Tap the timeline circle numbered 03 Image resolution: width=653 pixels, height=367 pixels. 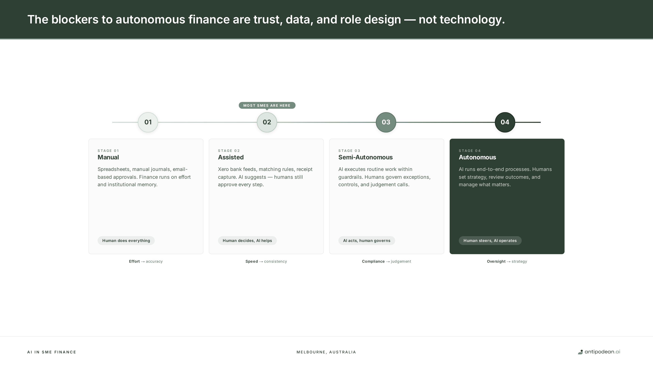click(386, 122)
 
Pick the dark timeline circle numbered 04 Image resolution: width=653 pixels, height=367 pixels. click(505, 122)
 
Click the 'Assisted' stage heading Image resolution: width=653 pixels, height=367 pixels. click(231, 157)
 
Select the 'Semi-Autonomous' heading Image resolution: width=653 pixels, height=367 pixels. click(365, 157)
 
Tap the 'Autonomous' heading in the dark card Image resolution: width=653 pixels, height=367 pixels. click(477, 157)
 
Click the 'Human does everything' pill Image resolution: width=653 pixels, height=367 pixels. click(126, 241)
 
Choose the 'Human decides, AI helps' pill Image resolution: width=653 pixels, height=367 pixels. click(247, 241)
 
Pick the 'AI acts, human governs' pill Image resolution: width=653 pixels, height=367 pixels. click(367, 241)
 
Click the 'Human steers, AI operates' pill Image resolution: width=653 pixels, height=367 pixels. click(490, 241)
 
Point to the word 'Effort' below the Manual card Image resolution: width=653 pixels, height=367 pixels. click(134, 261)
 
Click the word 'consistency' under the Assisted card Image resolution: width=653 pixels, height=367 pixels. click(275, 261)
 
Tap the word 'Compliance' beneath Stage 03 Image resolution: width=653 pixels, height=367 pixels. click(373, 261)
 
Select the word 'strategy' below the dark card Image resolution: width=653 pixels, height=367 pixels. click(519, 261)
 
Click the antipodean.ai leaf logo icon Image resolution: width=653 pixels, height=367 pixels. click(580, 352)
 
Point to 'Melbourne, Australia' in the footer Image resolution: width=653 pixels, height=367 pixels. click(326, 352)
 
